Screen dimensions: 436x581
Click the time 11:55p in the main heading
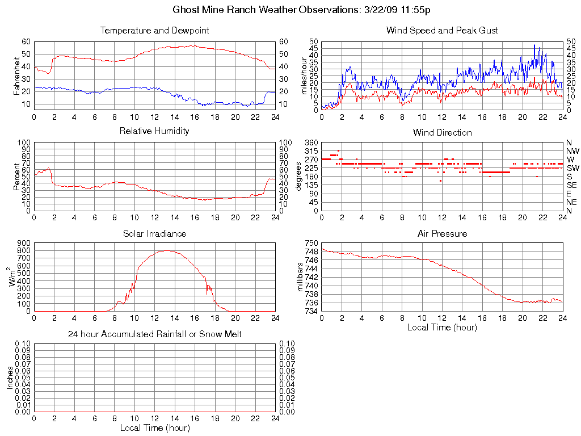tap(421, 10)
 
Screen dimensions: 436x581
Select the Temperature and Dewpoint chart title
tap(154, 31)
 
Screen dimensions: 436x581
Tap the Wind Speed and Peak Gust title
tap(442, 31)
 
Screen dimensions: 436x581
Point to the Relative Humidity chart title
tap(154, 131)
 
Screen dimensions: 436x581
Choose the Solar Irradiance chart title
tap(154, 233)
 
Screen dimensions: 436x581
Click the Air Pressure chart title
tap(442, 233)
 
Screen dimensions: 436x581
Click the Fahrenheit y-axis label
tap(17, 74)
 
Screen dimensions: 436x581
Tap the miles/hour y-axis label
tap(304, 76)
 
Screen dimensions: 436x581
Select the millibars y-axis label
tap(301, 278)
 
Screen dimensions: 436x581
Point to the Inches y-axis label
tap(10, 378)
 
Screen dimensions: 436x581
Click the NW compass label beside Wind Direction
tap(572, 151)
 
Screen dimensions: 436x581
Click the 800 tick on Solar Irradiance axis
tap(23, 244)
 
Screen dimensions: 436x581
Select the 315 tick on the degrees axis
tap(311, 151)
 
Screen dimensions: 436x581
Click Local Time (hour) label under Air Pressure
tap(442, 327)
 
